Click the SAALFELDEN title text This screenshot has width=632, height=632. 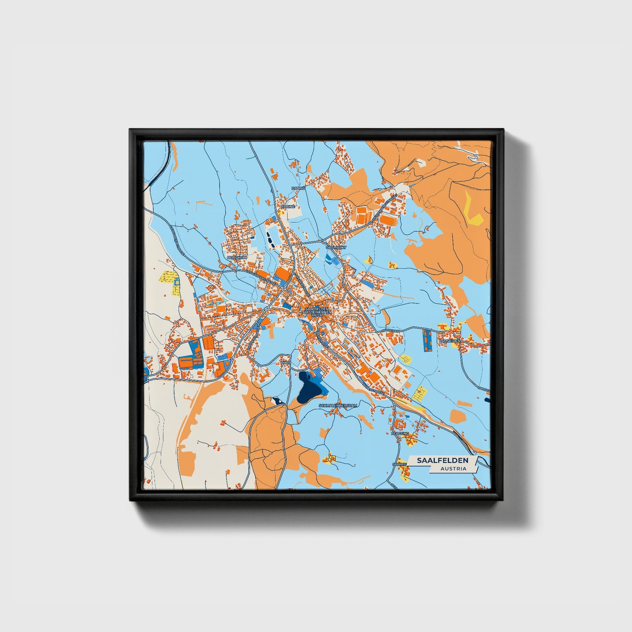point(443,461)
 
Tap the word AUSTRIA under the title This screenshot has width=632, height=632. point(454,469)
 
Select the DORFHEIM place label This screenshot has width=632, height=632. point(237,258)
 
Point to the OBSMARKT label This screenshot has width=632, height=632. point(336,247)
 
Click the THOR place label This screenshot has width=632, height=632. point(286,363)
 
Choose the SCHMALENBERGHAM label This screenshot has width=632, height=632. point(339,405)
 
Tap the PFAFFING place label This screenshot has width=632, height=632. point(400,433)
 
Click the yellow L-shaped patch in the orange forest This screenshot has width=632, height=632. point(473,210)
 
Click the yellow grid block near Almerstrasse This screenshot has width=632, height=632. point(419,393)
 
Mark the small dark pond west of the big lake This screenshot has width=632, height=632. point(278,401)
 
